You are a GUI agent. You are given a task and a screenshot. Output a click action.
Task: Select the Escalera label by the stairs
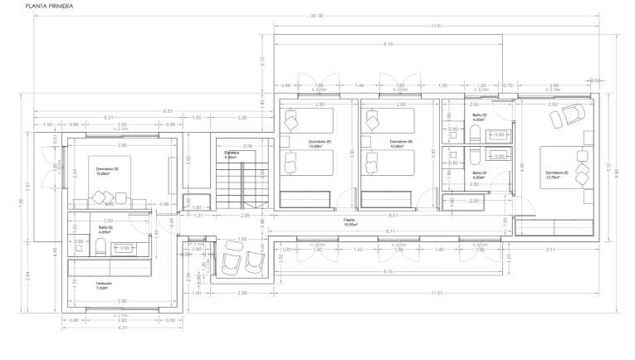coord(232,153)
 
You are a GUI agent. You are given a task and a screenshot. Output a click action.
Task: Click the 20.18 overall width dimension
coord(316,16)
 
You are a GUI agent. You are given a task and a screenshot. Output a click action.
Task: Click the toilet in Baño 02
coord(99,246)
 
